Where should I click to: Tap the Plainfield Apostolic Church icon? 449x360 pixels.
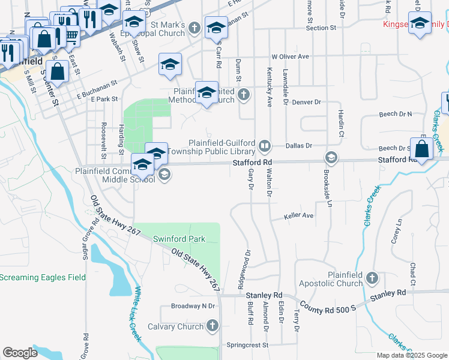click(x=372, y=278)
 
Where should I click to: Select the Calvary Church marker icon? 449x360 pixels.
click(x=211, y=326)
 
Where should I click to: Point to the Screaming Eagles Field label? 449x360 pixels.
click(x=43, y=277)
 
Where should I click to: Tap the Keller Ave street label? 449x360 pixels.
click(x=300, y=215)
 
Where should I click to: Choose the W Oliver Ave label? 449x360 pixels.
click(x=289, y=56)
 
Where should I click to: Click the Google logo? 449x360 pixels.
click(x=20, y=353)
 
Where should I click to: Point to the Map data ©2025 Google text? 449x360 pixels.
click(x=412, y=355)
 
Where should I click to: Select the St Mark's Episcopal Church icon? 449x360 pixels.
click(x=194, y=28)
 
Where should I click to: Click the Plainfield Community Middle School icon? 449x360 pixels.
click(x=164, y=175)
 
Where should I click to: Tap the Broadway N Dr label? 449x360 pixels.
click(x=193, y=306)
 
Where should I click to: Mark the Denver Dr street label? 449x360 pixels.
click(x=306, y=103)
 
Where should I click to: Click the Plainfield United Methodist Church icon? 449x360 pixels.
click(x=243, y=94)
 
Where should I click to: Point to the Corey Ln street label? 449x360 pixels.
click(x=396, y=231)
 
